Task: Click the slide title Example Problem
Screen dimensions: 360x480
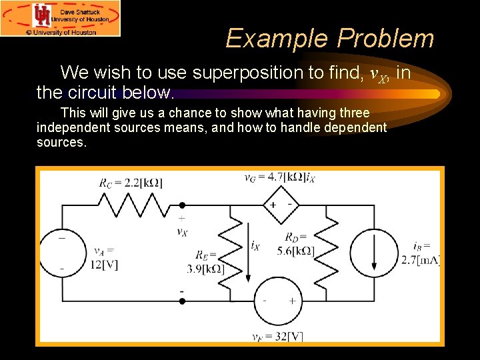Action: point(329,39)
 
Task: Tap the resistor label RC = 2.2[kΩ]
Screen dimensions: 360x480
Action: point(131,183)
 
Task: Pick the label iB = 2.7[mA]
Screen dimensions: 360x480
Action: point(420,253)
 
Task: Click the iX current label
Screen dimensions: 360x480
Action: point(255,246)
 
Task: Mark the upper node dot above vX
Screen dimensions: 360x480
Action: point(182,206)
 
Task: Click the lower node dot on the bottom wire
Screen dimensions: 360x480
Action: point(182,301)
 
